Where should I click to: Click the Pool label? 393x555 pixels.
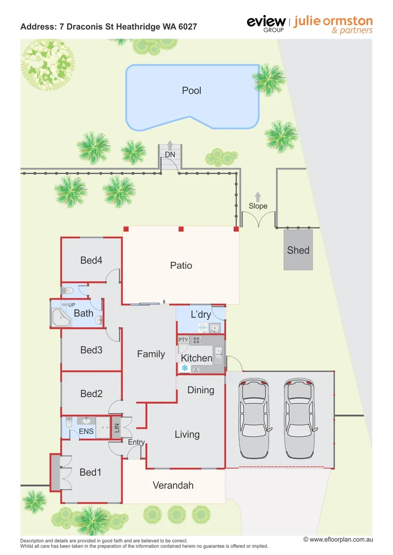[x=192, y=91]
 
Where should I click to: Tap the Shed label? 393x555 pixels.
[x=298, y=250]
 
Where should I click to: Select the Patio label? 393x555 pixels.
[x=181, y=266]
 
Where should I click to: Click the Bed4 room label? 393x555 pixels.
[x=91, y=261]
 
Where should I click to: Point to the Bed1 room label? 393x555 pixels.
[x=90, y=473]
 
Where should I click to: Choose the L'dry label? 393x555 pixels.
[x=200, y=314]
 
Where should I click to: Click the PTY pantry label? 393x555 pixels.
[x=183, y=340]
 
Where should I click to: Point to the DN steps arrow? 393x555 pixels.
[x=170, y=145]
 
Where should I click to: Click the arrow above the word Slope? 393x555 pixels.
[x=258, y=196]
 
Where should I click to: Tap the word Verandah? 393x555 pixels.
[x=173, y=486]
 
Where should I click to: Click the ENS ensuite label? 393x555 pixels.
[x=86, y=431]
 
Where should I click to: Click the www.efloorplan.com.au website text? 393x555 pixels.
[x=338, y=539]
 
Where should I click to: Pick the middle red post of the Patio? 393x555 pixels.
[x=181, y=229]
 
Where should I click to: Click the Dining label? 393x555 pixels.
[x=200, y=390]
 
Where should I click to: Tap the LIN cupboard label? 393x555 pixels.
[x=116, y=428]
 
